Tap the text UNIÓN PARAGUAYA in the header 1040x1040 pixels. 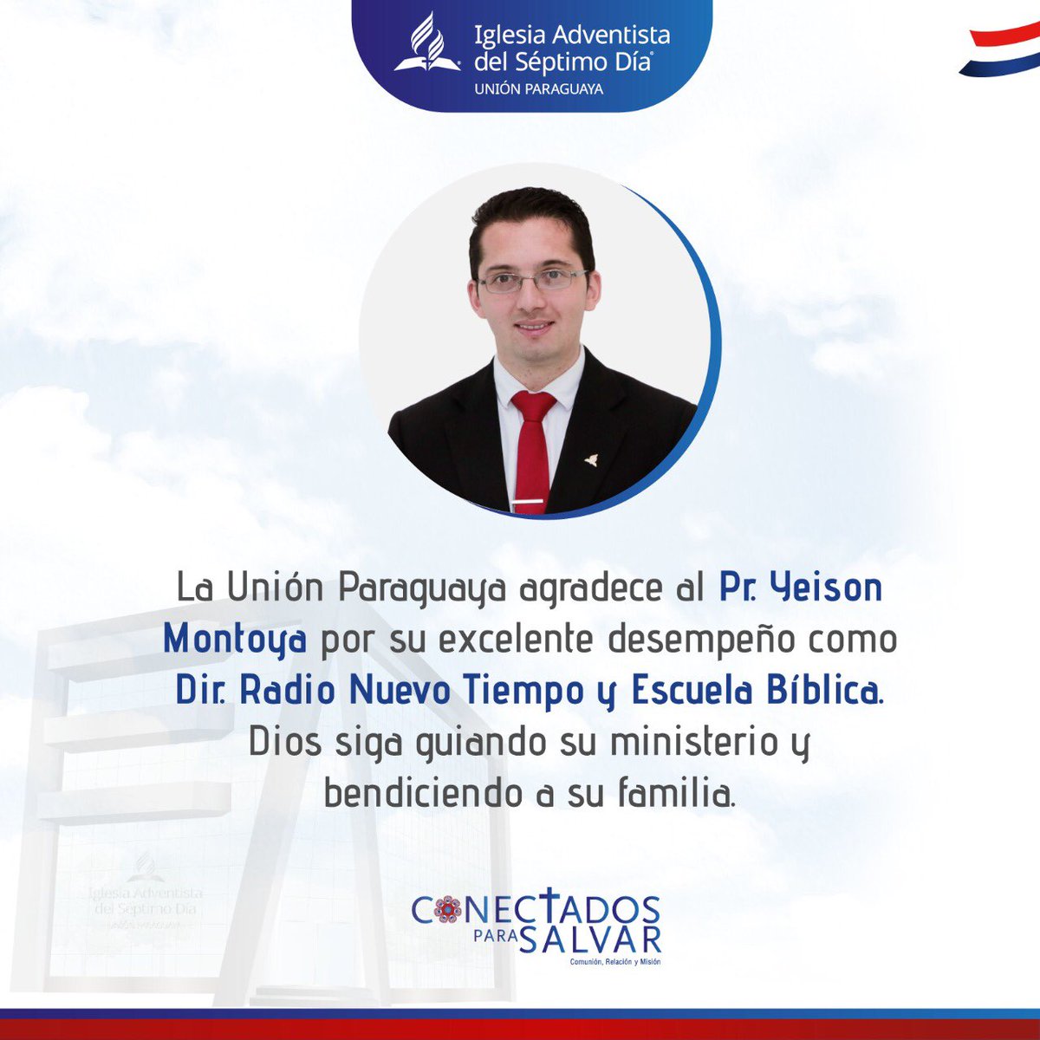pos(538,88)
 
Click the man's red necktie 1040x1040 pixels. pos(532,446)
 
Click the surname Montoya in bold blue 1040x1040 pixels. pos(234,640)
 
